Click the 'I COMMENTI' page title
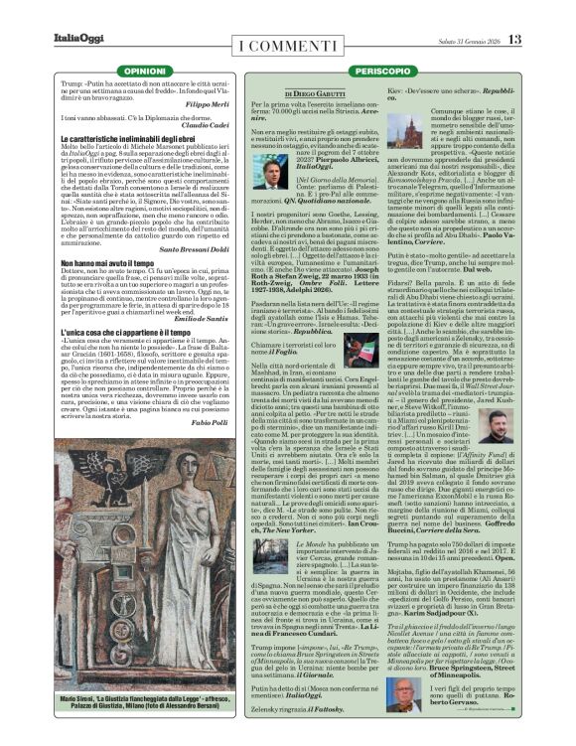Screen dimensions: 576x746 (x=287, y=41)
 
